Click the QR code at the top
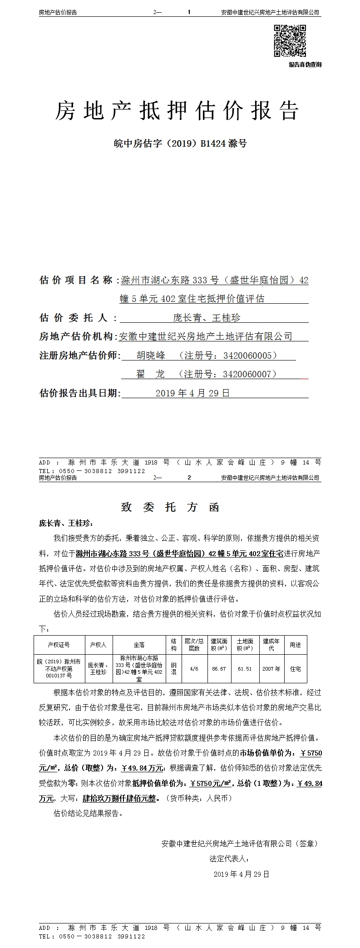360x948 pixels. pos(290,41)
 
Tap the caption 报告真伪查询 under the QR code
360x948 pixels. pos(305,65)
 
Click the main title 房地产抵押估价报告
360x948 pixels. pos(177,111)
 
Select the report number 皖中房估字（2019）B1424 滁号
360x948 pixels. pos(180,144)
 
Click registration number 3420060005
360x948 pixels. pos(250,355)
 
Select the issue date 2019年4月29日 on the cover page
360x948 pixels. pos(192,393)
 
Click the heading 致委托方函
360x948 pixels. pos(170,507)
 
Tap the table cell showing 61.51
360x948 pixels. pos(245,669)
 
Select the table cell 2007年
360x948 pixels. pos(271,669)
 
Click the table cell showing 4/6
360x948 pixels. pos(194,669)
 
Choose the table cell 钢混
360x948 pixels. pos(173,669)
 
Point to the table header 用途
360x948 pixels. pos(295,645)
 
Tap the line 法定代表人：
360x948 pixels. pos(229,859)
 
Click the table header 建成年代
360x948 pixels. pos(271,645)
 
